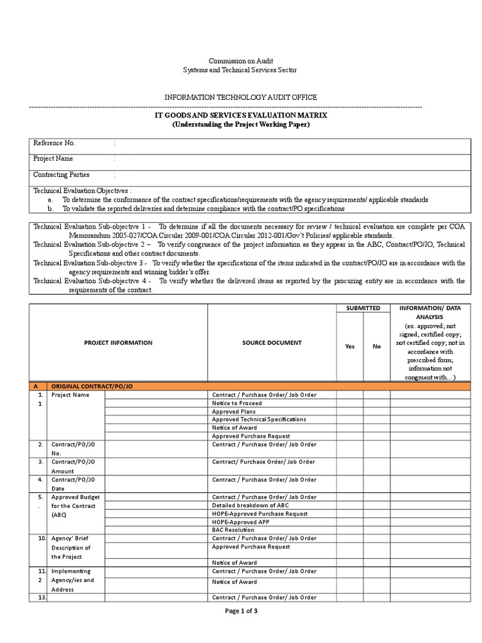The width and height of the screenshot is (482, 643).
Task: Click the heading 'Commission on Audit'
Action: point(240,61)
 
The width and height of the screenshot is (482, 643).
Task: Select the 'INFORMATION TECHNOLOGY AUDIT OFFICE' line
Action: point(240,97)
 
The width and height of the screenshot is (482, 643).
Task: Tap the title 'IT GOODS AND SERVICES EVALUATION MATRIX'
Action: point(240,116)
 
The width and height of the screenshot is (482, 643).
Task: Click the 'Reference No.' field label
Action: point(54,143)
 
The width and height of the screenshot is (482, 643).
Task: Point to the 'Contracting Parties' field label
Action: point(61,175)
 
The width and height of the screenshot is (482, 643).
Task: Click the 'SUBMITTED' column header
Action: point(363,308)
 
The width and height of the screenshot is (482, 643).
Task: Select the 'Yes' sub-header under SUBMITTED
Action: point(350,346)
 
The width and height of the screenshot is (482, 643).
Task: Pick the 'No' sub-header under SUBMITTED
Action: point(377,346)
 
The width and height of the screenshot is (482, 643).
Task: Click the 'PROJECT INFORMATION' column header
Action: point(118,343)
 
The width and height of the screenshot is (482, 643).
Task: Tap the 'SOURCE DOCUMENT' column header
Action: point(271,343)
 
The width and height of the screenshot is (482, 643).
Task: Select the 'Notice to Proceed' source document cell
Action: point(237,403)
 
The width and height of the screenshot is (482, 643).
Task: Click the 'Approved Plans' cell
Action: point(233,411)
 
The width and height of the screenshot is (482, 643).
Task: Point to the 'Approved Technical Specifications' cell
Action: point(259,419)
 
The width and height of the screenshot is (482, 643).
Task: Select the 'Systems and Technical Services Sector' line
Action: point(240,70)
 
